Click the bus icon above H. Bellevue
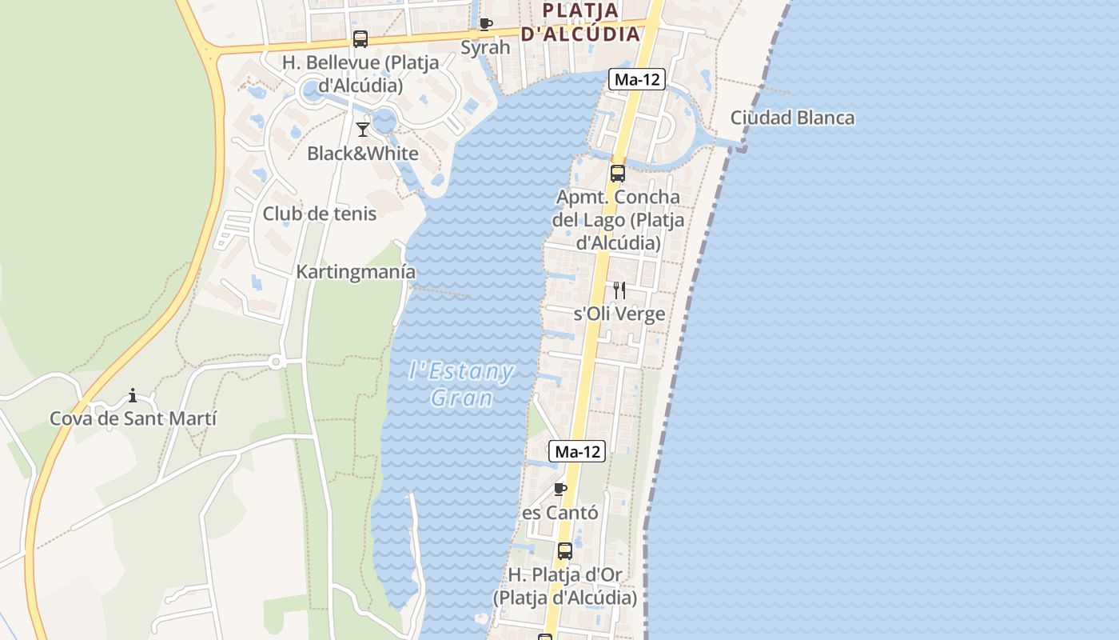[x=360, y=39]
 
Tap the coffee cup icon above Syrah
[x=485, y=24]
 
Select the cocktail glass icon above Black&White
[x=363, y=129]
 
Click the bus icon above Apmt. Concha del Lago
[x=618, y=173]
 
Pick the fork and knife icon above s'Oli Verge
[x=619, y=290]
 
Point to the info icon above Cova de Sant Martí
[x=133, y=395]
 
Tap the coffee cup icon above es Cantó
[x=560, y=489]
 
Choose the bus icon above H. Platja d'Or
[x=565, y=550]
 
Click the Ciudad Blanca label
[x=792, y=118]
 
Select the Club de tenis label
[x=320, y=214]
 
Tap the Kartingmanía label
[x=356, y=272]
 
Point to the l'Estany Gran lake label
[x=461, y=384]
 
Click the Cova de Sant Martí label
[x=133, y=418]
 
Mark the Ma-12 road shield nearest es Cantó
[x=578, y=451]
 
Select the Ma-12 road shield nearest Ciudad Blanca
[x=637, y=79]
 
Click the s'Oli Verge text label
[x=619, y=314]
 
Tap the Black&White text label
[x=363, y=154]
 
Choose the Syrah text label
[x=485, y=47]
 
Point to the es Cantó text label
[x=559, y=513]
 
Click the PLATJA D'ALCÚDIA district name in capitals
[x=581, y=22]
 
